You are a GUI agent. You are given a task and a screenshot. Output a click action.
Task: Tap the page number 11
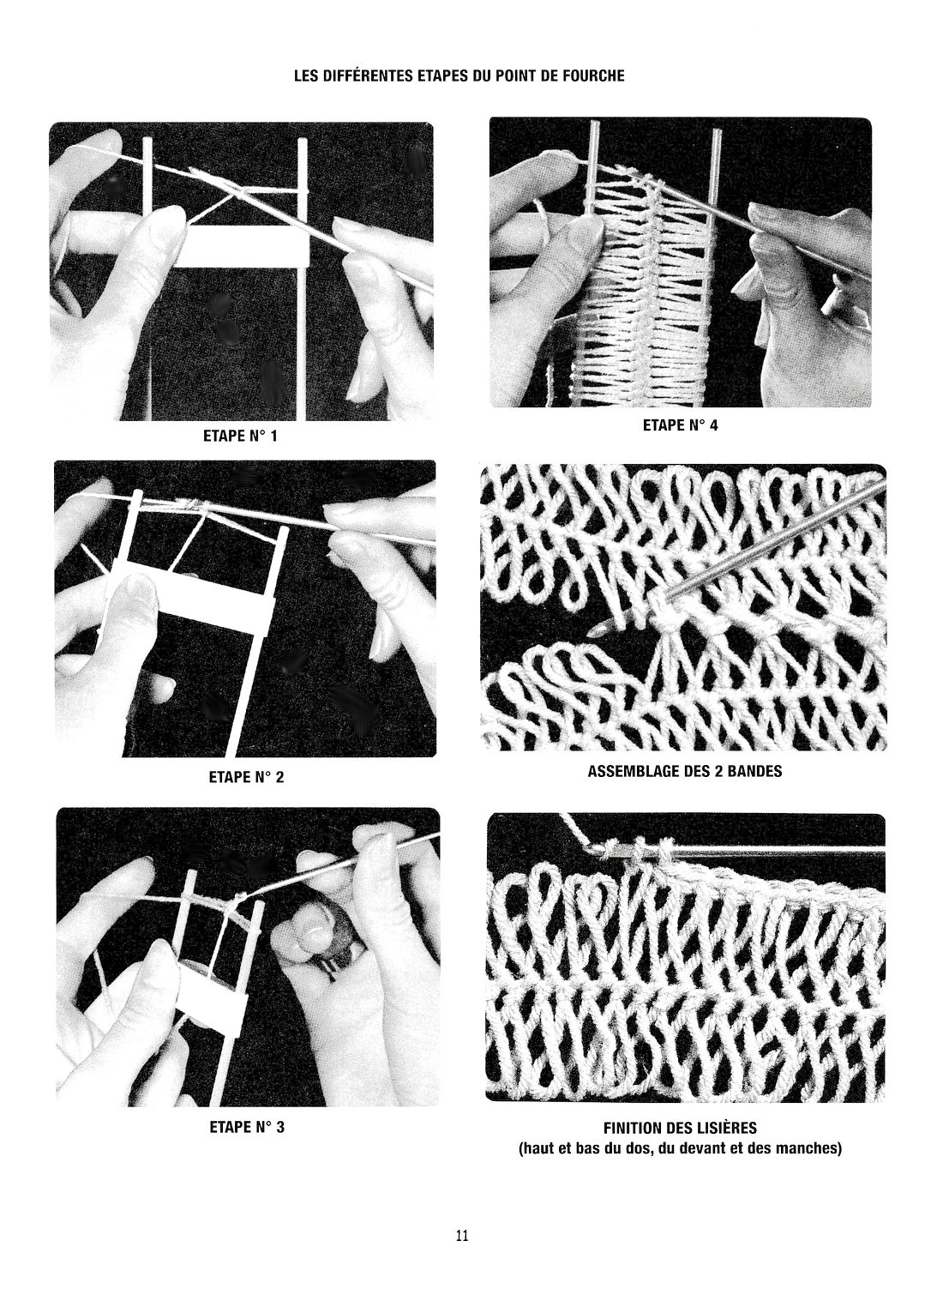pyautogui.click(x=462, y=1236)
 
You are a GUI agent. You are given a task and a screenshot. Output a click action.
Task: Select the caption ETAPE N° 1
pyautogui.click(x=240, y=436)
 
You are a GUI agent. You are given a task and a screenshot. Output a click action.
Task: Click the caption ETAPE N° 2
pyautogui.click(x=247, y=777)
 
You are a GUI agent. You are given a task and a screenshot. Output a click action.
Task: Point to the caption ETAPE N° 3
pyautogui.click(x=247, y=1127)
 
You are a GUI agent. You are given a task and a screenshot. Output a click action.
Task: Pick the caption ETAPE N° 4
pyautogui.click(x=681, y=425)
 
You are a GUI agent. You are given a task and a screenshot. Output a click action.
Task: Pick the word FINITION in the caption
pyautogui.click(x=632, y=1128)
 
